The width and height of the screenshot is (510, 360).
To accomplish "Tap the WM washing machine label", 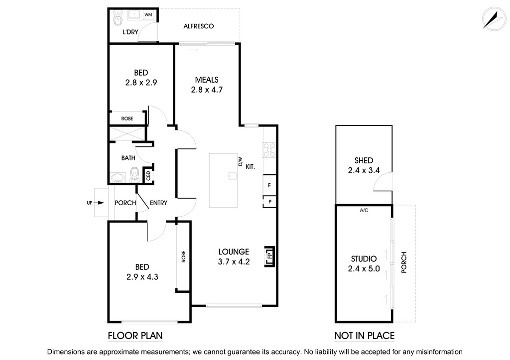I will [x=148, y=15].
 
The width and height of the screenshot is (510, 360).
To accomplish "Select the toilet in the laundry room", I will [x=118, y=19].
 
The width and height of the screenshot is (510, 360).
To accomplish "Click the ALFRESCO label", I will [x=199, y=26].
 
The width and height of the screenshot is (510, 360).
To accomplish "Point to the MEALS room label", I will [x=207, y=80].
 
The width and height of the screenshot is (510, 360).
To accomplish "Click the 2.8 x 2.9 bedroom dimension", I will [x=141, y=83].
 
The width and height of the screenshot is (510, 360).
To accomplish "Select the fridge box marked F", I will [x=269, y=185].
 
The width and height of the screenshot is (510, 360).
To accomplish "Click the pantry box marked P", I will [x=269, y=202].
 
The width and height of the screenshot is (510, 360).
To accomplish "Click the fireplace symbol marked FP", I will [x=269, y=257].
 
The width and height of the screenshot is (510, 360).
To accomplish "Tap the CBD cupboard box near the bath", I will [x=148, y=176].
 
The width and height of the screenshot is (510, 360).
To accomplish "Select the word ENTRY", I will [x=158, y=203].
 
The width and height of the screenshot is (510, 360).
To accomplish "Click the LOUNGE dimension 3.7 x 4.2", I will [x=234, y=262].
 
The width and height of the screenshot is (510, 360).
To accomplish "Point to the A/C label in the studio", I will [x=364, y=210].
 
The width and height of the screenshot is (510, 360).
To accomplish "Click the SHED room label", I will [x=364, y=160].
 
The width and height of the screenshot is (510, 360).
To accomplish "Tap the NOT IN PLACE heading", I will [x=365, y=336].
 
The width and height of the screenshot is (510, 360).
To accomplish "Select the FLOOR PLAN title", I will [x=135, y=336].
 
